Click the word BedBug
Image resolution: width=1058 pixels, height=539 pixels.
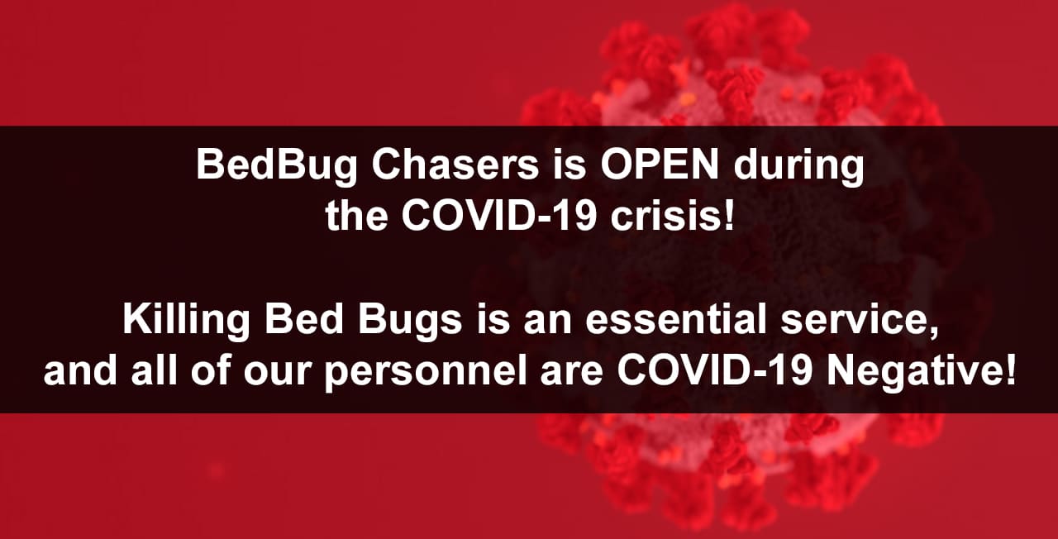276,167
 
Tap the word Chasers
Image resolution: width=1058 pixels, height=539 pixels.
455,165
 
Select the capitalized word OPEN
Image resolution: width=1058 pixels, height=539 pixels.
660,165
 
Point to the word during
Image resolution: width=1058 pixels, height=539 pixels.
798,167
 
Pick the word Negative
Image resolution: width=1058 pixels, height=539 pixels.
921,372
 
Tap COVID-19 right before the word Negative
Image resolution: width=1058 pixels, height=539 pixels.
715,370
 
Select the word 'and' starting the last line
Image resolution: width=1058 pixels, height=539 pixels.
80,370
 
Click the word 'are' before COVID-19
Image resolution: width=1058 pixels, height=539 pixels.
571,374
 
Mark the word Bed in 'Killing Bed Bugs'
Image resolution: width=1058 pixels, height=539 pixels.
303,319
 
